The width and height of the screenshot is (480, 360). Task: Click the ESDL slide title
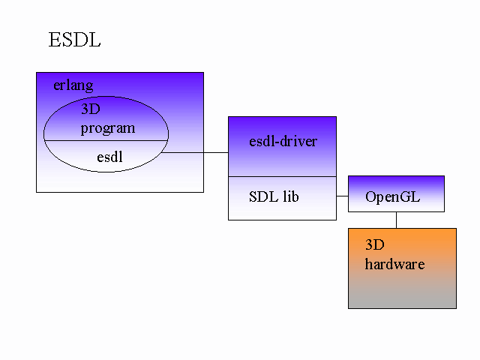tap(74, 40)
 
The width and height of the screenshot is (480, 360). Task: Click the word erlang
tap(73, 85)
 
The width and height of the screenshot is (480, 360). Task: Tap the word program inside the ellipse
tap(108, 127)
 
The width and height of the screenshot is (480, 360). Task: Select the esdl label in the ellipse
tap(109, 157)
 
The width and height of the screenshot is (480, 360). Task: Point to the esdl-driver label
tap(283, 141)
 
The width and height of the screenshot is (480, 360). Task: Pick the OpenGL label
tap(392, 197)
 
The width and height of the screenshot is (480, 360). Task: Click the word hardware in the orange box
tap(394, 264)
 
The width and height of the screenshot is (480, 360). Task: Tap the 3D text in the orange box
tap(375, 244)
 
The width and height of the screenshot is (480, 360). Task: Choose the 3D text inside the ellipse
tap(90, 109)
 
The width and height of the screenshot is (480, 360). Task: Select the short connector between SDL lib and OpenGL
tap(342, 196)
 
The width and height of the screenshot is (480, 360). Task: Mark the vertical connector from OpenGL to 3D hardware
tap(396, 220)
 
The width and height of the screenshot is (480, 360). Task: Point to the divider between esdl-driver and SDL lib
tap(282, 176)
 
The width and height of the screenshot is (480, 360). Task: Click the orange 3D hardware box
tap(402, 289)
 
